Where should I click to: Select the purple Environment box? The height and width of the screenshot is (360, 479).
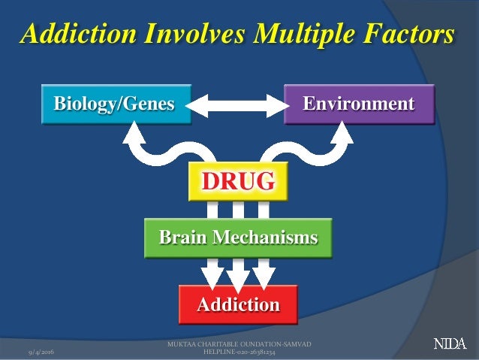(x=359, y=103)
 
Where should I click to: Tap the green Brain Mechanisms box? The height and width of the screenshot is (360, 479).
(x=238, y=238)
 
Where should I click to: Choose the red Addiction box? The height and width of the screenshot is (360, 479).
(x=238, y=304)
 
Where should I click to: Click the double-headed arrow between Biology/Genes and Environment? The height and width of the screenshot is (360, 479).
(x=236, y=104)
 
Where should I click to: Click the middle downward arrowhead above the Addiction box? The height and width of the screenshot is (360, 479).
(x=238, y=280)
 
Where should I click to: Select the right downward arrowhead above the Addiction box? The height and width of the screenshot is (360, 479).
(x=264, y=277)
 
